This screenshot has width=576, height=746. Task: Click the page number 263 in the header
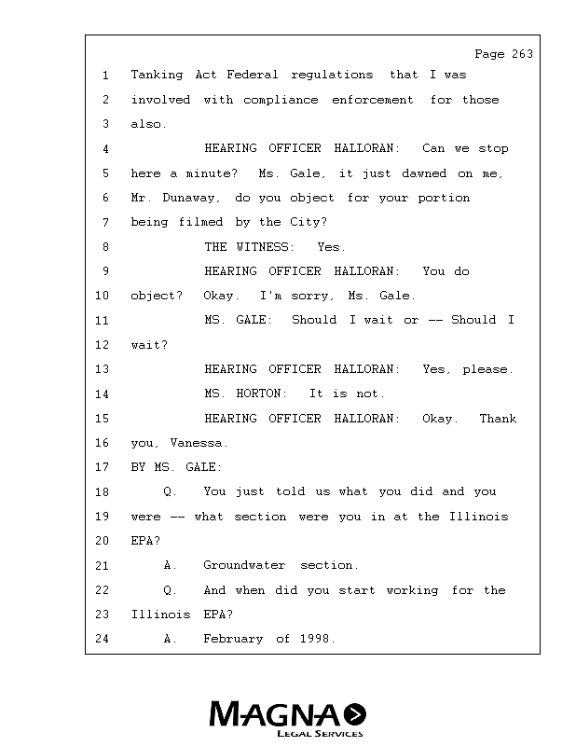(522, 54)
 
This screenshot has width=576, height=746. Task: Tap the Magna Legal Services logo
(287, 718)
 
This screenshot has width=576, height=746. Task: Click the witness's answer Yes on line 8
(331, 247)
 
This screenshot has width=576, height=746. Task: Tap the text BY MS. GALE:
(176, 467)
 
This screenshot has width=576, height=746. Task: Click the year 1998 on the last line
(317, 640)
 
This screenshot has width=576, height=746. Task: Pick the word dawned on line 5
(424, 173)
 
